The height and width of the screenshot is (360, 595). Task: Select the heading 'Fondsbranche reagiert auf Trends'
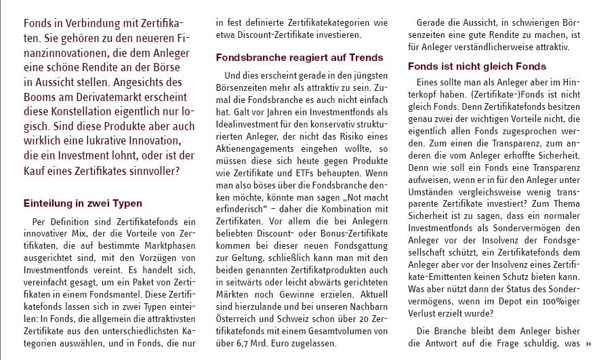click(300, 58)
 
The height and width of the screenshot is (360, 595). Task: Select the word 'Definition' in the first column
click(75, 222)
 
